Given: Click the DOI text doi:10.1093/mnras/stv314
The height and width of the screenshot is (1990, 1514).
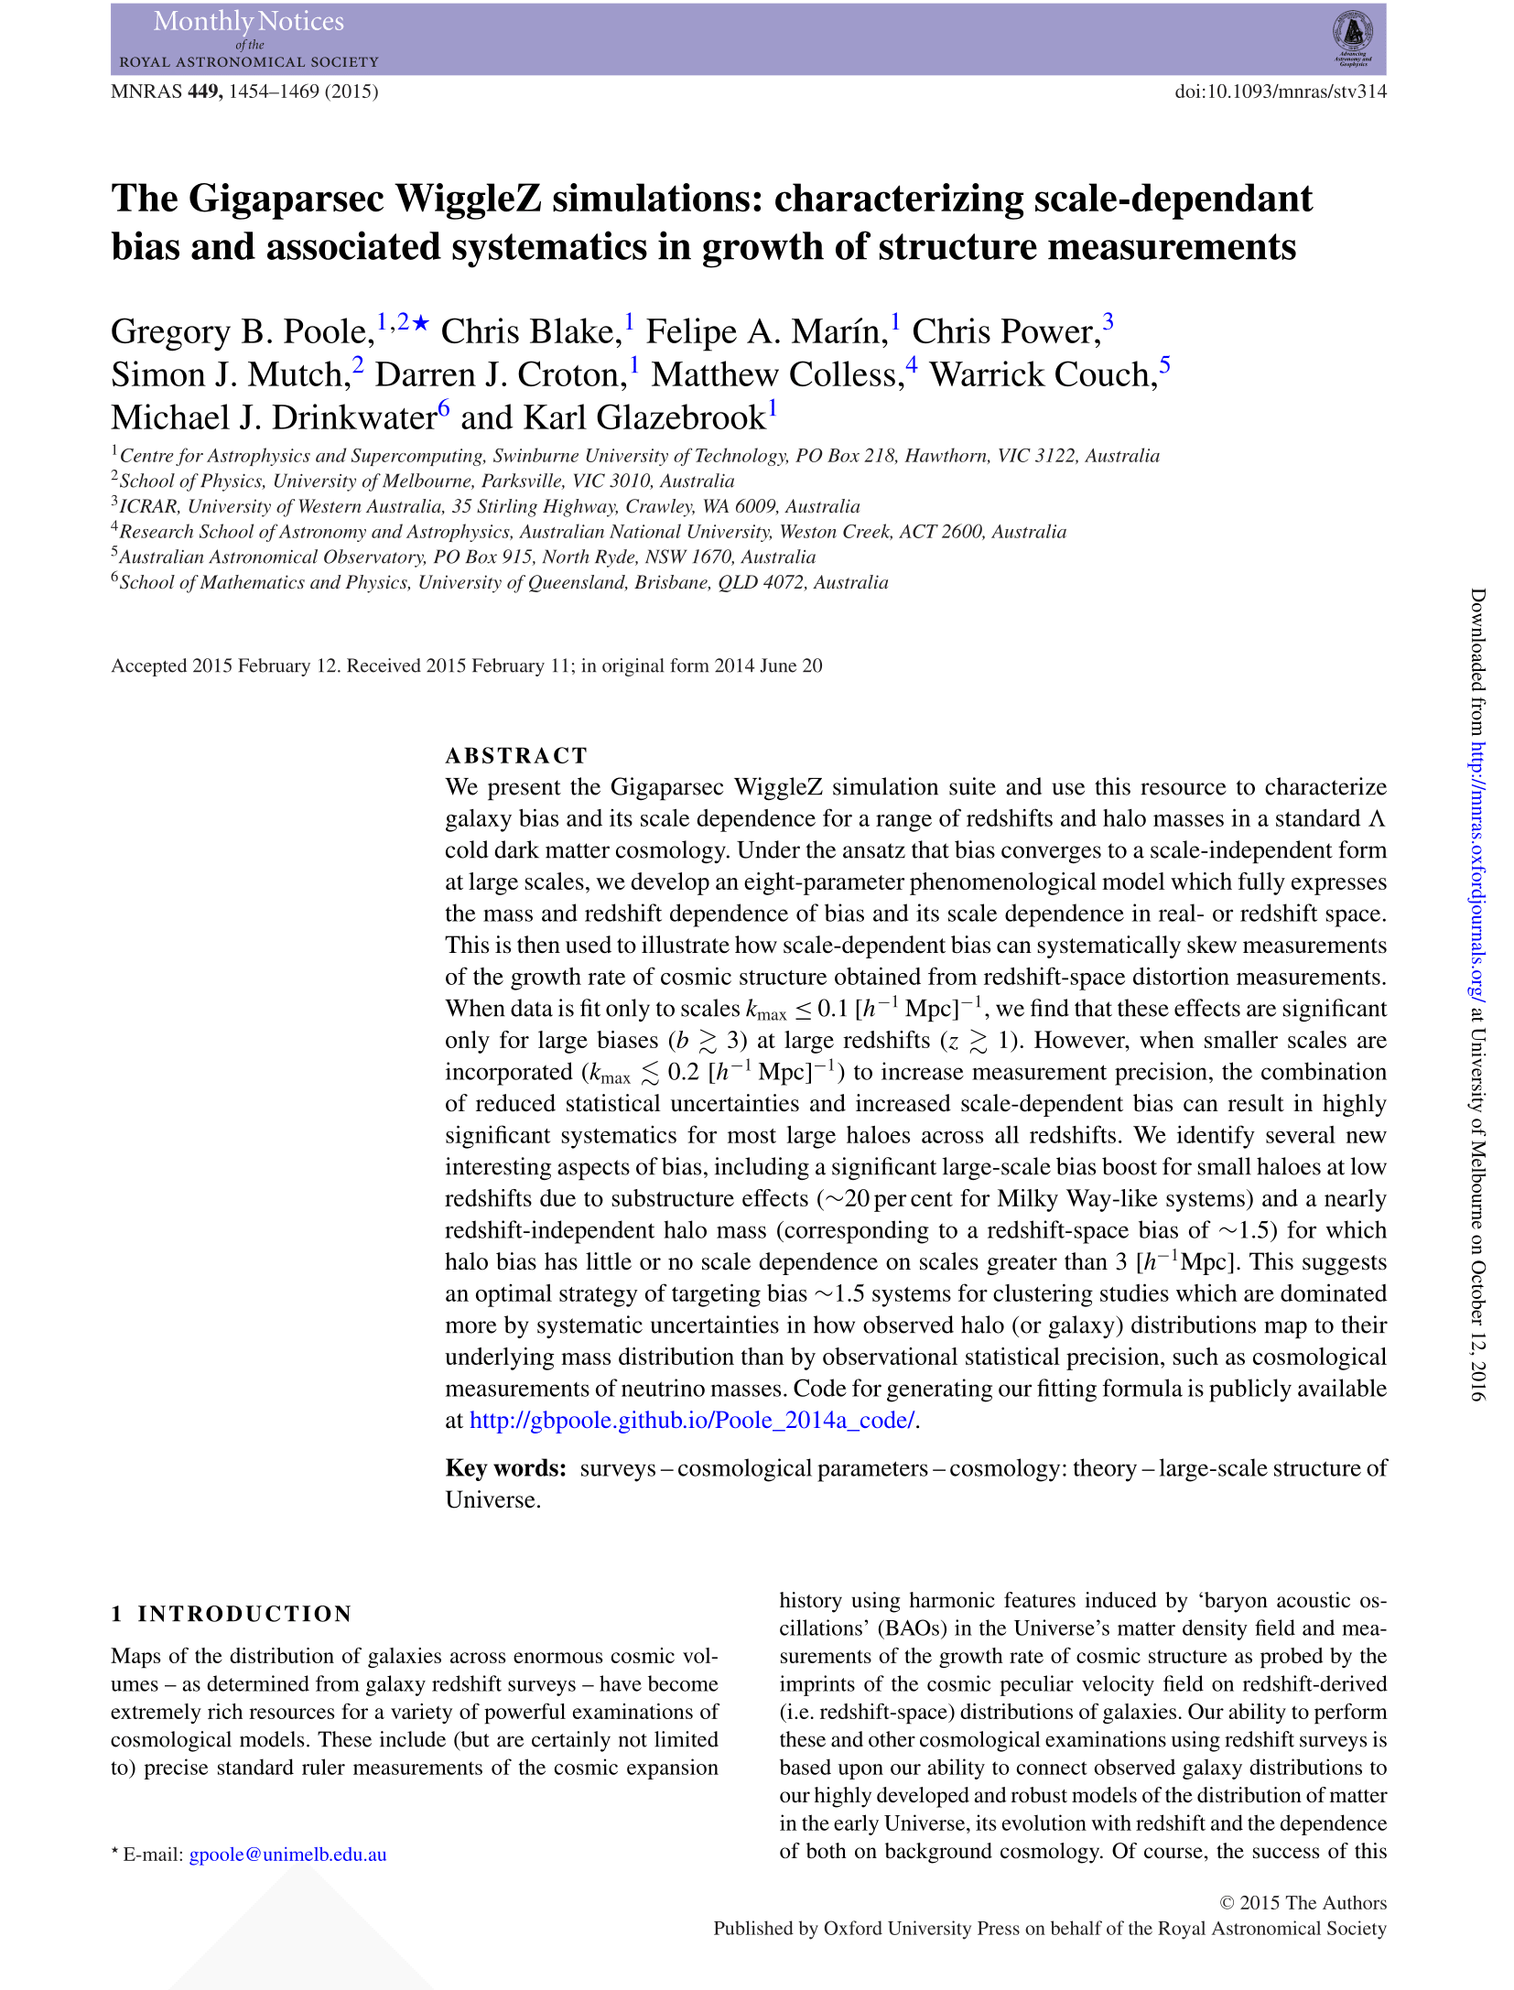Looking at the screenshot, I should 1280,92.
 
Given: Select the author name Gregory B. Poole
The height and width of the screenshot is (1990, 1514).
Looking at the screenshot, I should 242,331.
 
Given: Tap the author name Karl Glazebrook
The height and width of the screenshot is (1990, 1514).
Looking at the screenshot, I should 643,417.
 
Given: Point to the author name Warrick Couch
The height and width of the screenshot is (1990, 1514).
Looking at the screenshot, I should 1043,374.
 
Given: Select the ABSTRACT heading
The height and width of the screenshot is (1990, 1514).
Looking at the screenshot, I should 516,755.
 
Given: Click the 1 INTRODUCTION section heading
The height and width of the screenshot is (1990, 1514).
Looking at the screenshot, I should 232,1613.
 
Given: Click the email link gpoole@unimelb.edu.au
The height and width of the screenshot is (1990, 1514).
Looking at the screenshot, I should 287,1855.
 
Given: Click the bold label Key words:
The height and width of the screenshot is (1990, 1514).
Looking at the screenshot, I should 506,1468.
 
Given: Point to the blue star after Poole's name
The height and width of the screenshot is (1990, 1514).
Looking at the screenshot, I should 421,322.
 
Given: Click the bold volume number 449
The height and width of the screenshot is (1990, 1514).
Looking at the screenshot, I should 205,92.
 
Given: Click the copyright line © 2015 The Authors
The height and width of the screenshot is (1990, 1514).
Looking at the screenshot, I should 1303,1902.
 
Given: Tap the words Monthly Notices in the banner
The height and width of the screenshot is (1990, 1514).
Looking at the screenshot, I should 249,21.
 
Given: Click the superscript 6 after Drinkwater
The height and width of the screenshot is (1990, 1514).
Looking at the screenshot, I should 444,407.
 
